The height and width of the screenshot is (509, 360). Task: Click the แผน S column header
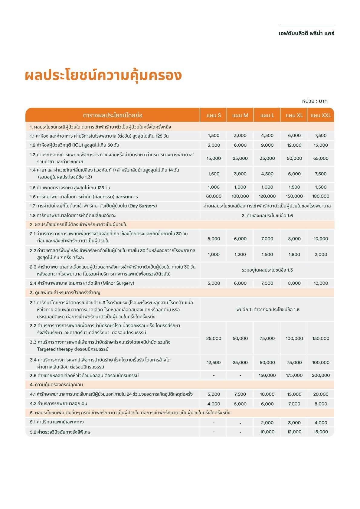point(214,115)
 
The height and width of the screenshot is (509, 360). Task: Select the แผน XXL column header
point(321,115)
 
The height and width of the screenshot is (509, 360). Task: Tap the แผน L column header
point(267,115)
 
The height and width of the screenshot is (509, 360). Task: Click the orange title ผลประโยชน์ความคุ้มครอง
point(103,75)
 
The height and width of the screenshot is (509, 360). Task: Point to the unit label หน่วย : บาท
point(315,101)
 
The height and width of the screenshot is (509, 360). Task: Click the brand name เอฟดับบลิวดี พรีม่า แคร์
point(306,33)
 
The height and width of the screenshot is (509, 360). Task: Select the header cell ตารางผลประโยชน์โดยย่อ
point(113,115)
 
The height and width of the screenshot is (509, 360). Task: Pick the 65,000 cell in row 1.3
point(321,158)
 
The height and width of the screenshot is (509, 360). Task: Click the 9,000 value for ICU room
point(267,145)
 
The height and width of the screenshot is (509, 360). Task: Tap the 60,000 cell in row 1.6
point(214,196)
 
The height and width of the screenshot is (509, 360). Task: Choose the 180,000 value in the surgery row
point(321,196)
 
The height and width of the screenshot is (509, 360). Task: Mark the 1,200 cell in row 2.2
point(240,254)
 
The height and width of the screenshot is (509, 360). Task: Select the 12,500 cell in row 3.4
point(214,362)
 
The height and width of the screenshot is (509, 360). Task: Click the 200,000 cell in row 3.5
point(321,375)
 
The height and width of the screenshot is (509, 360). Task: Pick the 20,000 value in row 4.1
point(321,394)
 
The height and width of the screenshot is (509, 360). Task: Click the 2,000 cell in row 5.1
point(267,423)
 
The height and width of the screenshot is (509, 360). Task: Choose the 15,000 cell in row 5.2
point(321,432)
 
